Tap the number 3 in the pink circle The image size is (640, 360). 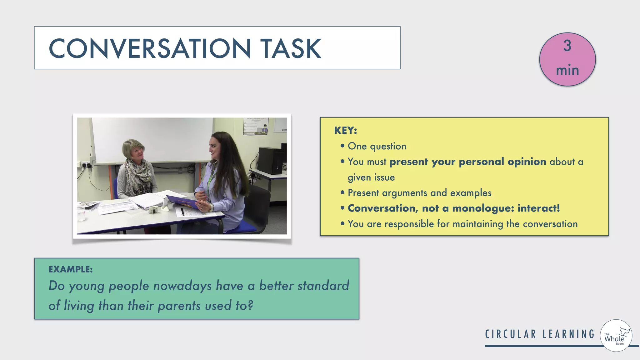tap(567, 46)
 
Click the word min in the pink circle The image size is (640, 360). tap(567, 70)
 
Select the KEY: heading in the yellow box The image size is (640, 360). tap(345, 130)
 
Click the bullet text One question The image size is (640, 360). tap(377, 146)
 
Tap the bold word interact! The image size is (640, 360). tap(538, 208)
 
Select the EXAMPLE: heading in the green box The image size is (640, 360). tap(71, 269)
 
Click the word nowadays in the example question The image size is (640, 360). tap(182, 286)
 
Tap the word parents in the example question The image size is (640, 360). tap(179, 306)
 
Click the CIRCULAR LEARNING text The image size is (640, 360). tap(540, 334)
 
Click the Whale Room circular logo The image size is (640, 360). tap(616, 336)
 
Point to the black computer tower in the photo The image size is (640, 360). tap(271, 161)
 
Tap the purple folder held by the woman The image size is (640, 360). tap(183, 202)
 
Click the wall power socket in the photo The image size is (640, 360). tap(85, 164)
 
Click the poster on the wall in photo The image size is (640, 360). tap(256, 126)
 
